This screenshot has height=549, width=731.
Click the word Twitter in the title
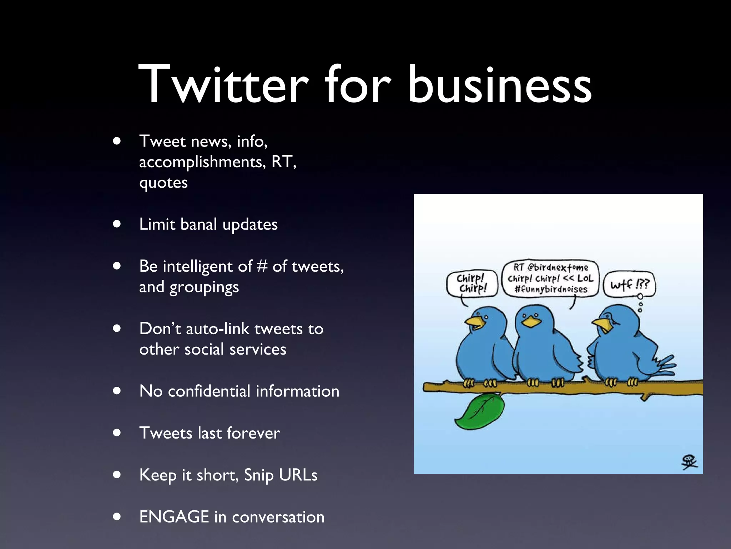223,84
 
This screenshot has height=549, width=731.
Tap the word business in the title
500,84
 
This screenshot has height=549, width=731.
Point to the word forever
253,433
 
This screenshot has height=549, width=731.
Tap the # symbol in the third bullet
262,266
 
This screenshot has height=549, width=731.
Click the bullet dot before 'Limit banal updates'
117,224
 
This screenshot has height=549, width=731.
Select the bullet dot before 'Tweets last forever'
117,433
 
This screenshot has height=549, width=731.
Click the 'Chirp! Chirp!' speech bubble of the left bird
472,283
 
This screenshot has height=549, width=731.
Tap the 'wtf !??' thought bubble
629,285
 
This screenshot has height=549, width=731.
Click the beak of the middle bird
531,322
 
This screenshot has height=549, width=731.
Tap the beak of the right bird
603,324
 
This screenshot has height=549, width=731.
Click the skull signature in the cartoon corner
689,462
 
